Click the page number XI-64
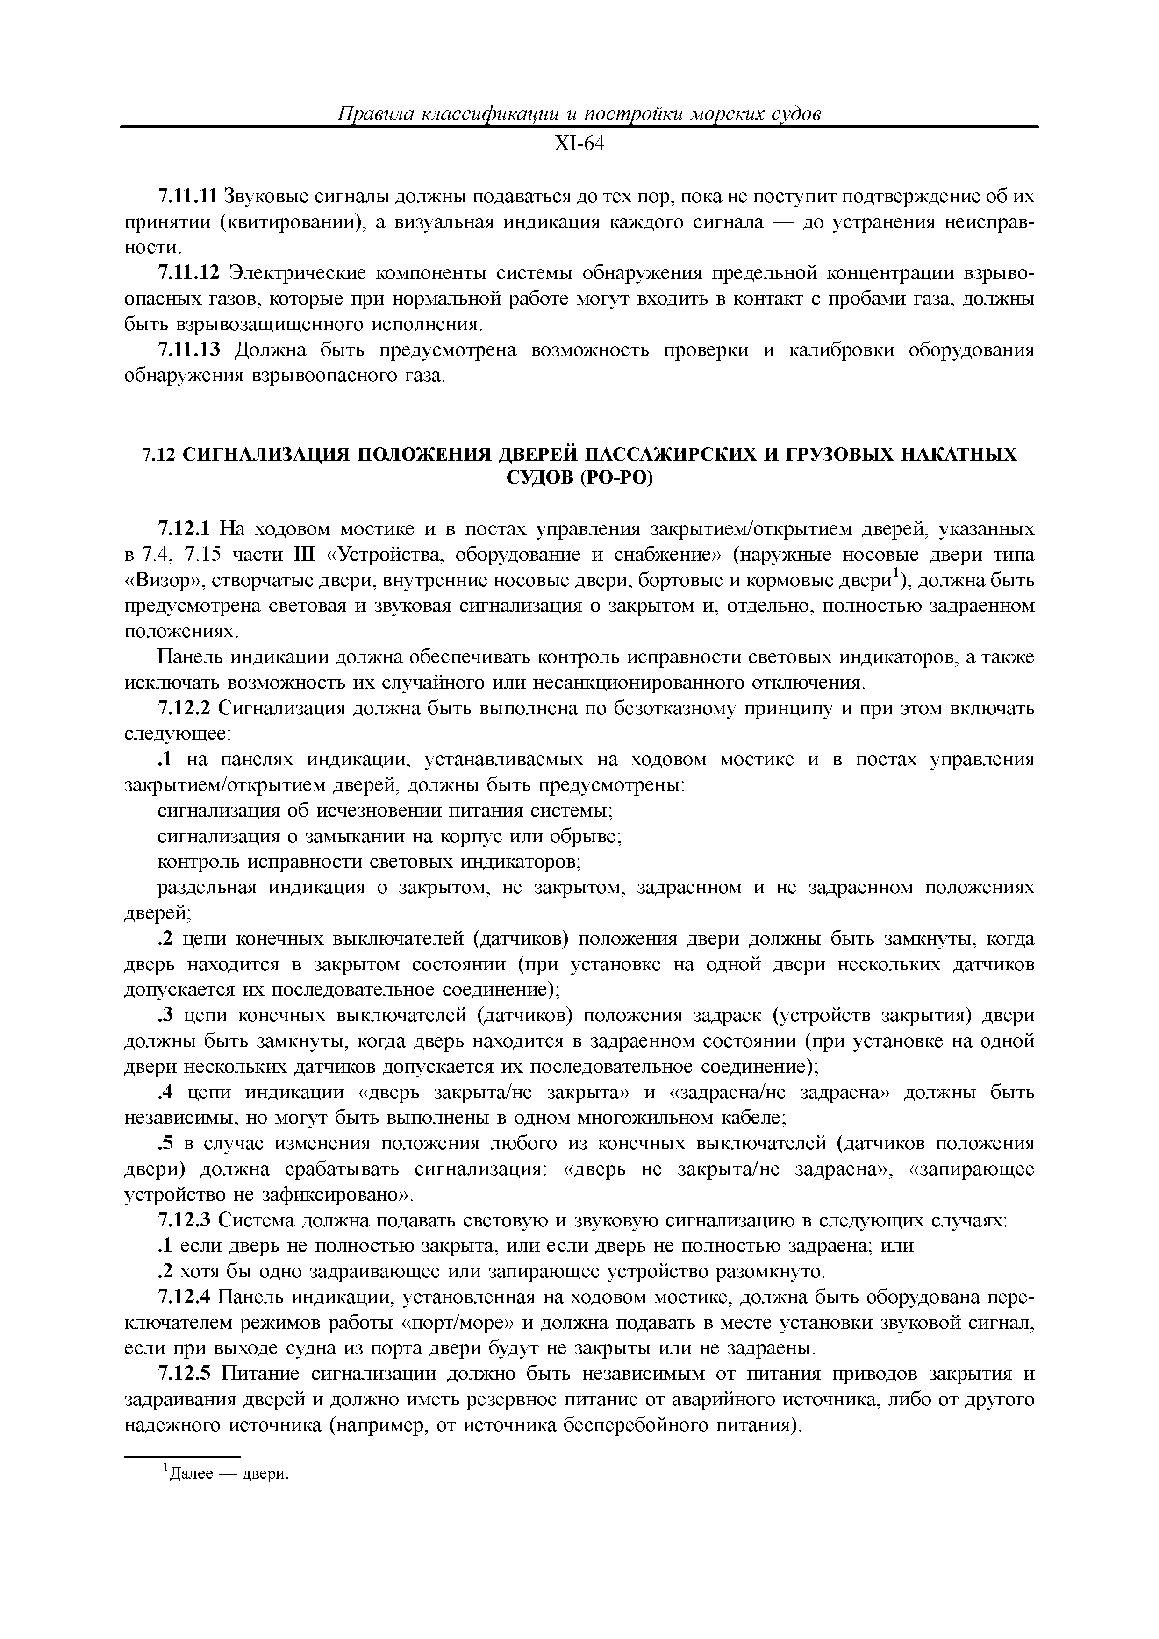[x=579, y=144]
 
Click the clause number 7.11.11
[x=186, y=196]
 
